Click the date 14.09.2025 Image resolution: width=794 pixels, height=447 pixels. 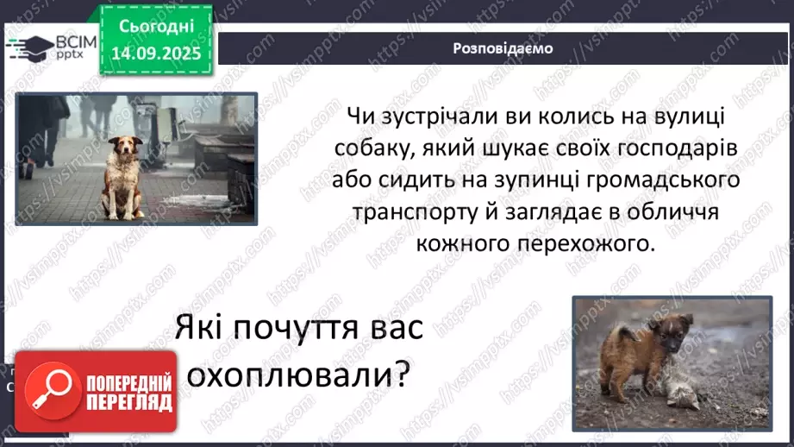[x=155, y=54]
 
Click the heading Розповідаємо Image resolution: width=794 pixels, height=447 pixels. [x=503, y=48]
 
